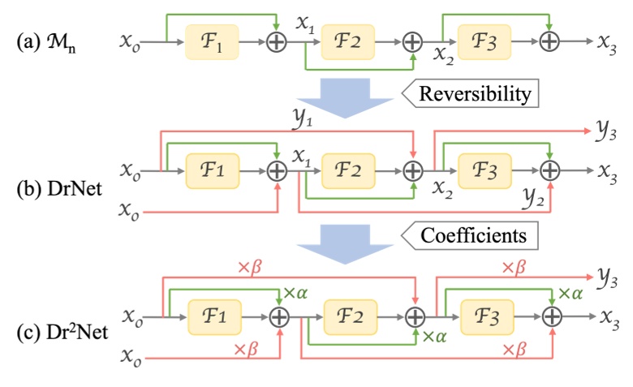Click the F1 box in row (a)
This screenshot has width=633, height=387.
coord(212,41)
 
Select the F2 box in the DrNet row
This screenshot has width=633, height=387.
coord(347,170)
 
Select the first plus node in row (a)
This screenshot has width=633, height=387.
coord(278,41)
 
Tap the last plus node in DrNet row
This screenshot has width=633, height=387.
coord(551,170)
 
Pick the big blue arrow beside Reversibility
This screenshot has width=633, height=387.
coord(347,95)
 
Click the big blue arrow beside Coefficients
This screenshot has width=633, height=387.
coord(347,238)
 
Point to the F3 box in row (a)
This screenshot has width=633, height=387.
coord(485,41)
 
